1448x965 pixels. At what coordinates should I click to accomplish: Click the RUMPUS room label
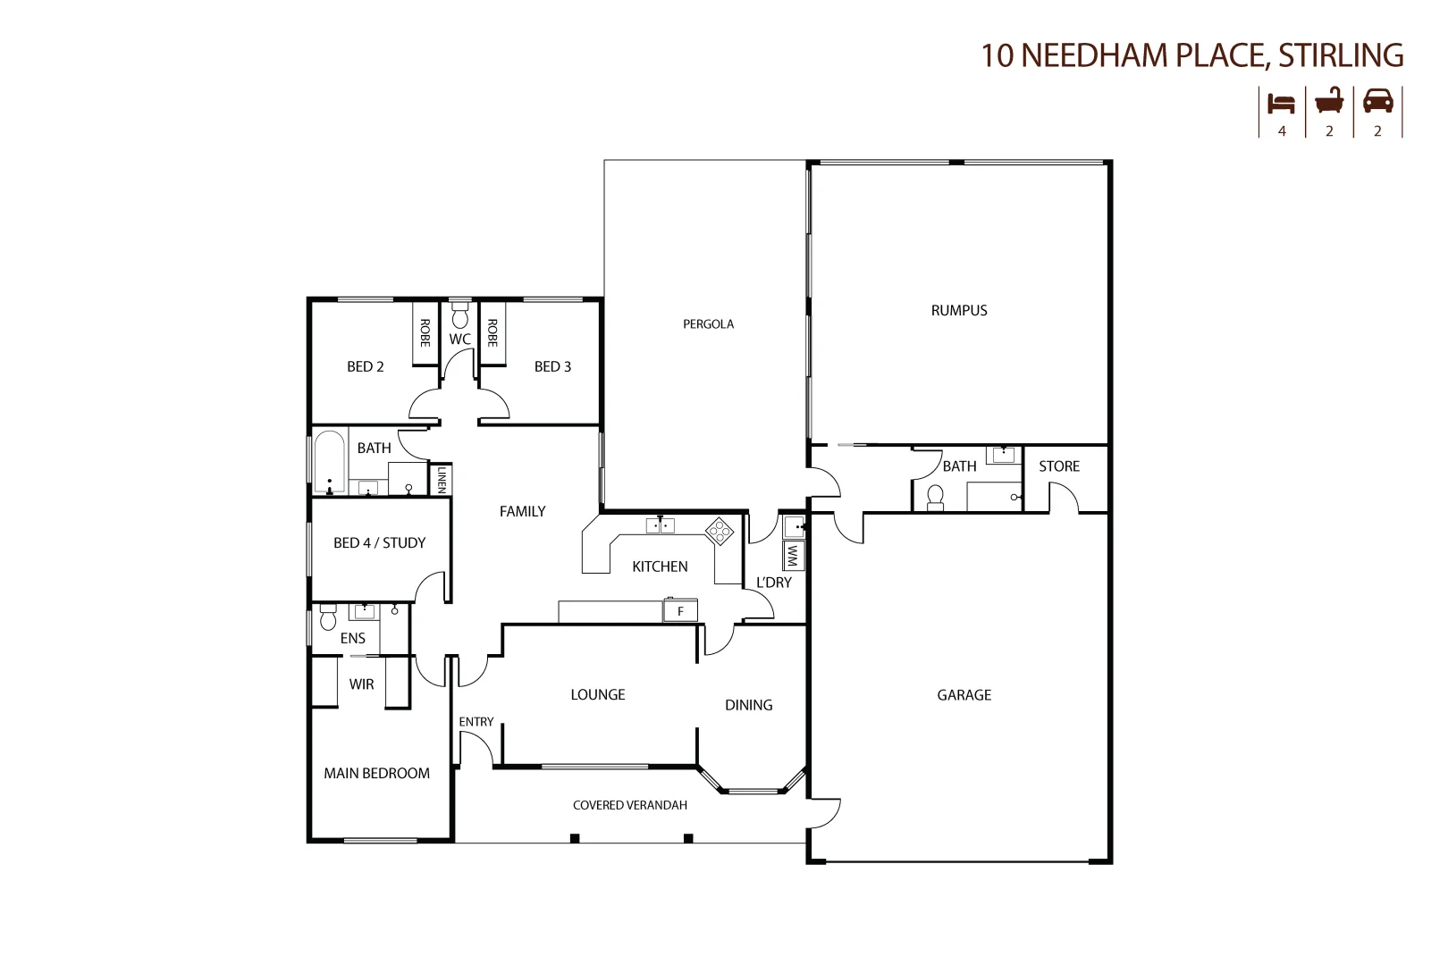[x=959, y=311]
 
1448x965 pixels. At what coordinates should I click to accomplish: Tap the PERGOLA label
[x=708, y=324]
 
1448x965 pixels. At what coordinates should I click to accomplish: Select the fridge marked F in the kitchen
[x=680, y=611]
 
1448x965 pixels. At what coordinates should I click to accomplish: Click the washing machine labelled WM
[x=792, y=556]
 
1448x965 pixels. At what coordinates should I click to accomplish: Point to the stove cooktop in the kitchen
[x=720, y=531]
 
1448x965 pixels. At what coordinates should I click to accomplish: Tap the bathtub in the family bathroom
[x=330, y=462]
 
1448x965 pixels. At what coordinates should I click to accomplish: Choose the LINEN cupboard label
[x=441, y=479]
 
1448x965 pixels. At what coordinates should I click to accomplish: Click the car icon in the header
[x=1377, y=101]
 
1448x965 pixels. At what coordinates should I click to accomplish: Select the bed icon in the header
[x=1281, y=103]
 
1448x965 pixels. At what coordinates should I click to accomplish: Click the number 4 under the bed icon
[x=1282, y=130]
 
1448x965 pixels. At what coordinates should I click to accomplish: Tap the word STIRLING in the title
[x=1340, y=55]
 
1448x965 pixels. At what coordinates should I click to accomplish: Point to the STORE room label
[x=1058, y=466]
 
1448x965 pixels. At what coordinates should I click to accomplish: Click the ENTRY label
[x=476, y=722]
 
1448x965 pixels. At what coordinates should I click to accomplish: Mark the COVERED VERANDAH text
[x=630, y=805]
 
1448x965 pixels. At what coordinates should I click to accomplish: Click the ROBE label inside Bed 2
[x=425, y=333]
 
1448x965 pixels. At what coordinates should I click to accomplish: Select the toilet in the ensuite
[x=327, y=617]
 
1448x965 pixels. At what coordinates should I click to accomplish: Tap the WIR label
[x=361, y=684]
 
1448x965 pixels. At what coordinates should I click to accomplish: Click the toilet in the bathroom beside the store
[x=936, y=497]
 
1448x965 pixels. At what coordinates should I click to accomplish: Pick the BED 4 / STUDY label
[x=379, y=543]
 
